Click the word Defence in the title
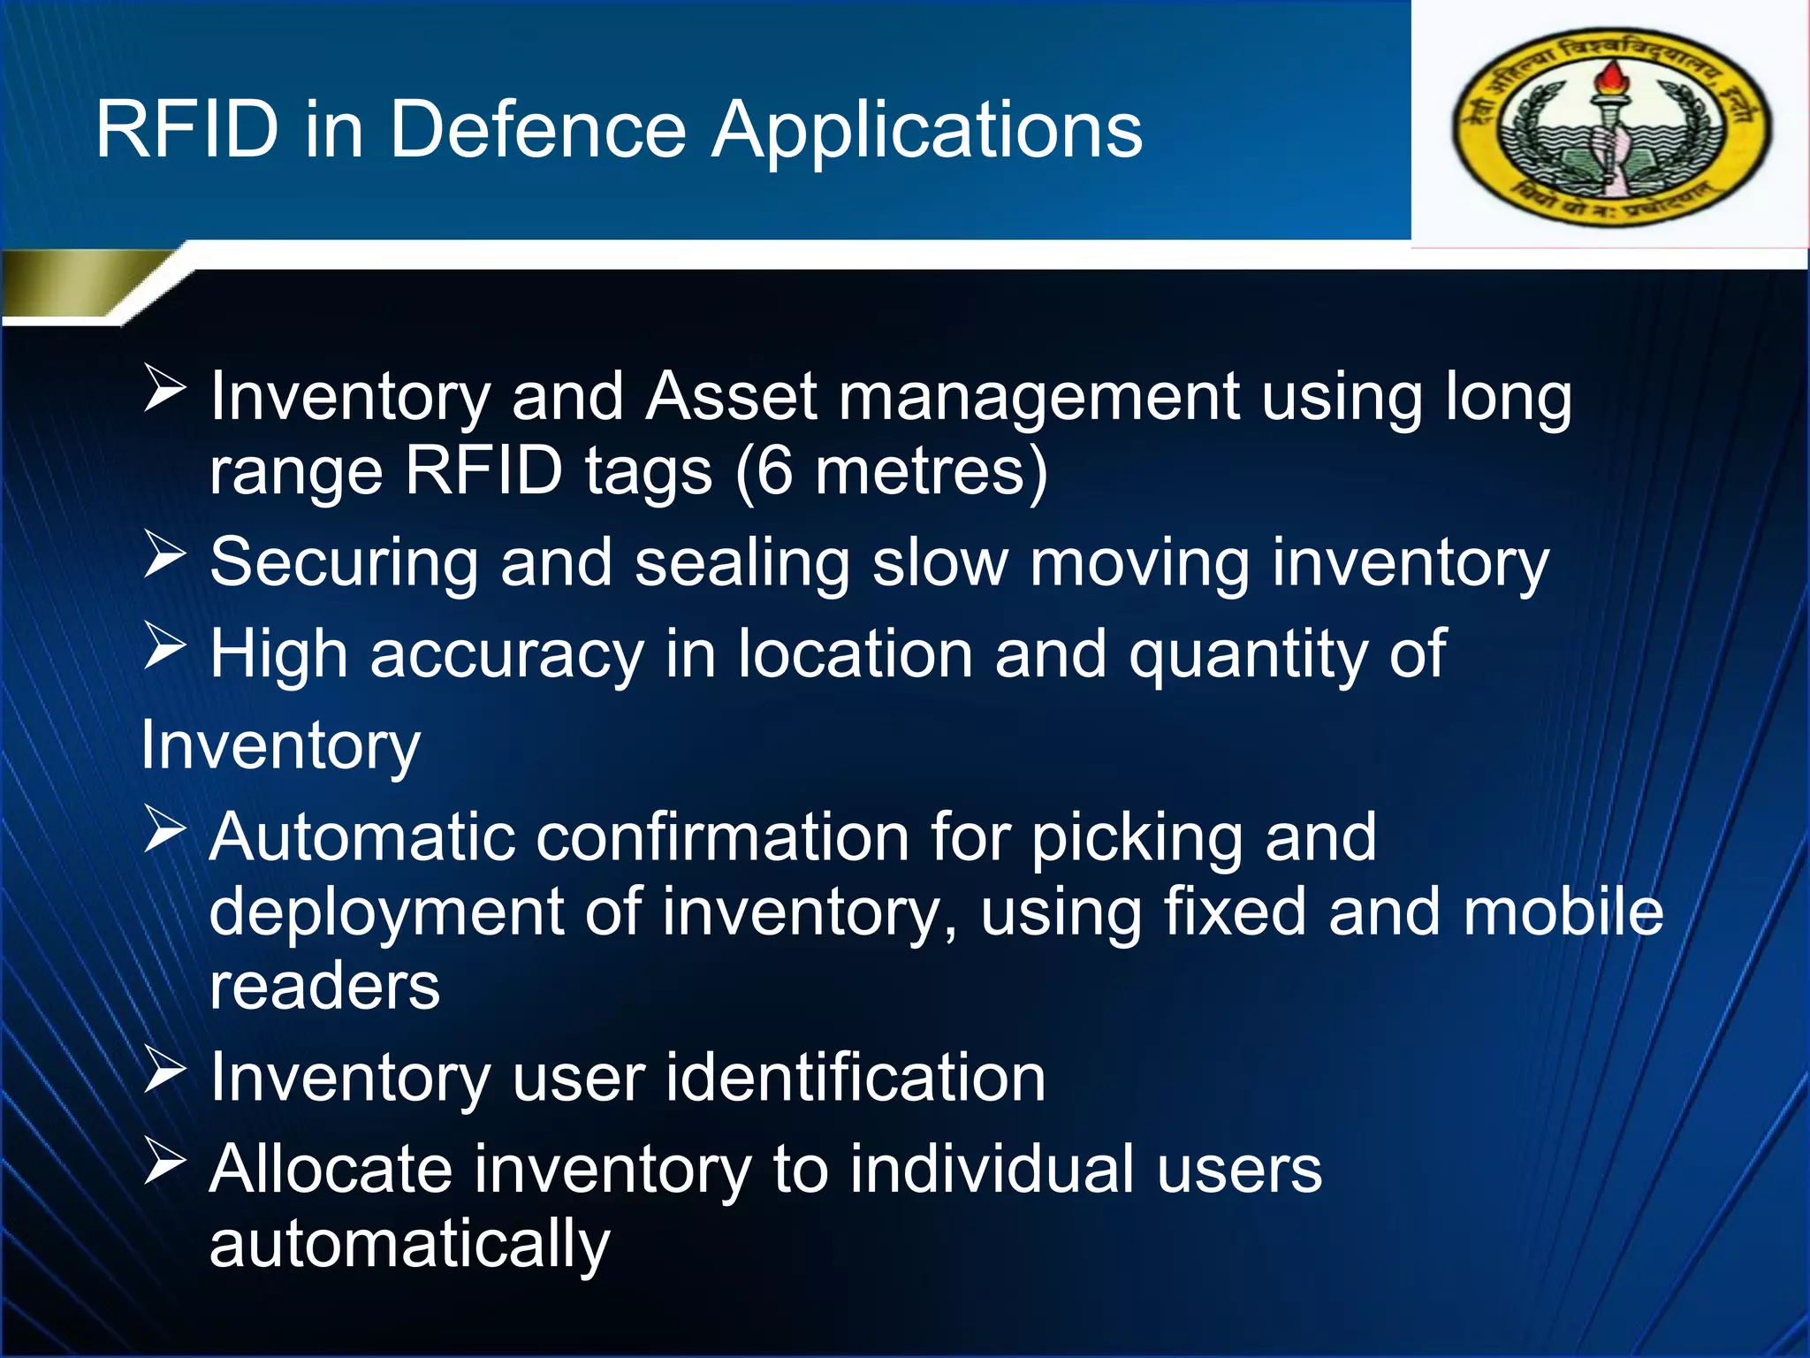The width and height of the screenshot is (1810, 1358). point(537,130)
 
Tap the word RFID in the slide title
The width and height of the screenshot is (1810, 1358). point(187,130)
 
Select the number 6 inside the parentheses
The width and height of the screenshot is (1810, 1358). point(774,470)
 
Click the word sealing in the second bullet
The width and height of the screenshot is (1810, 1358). point(741,564)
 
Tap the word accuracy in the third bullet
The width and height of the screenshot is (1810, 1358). point(506,656)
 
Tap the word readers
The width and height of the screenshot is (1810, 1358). point(324,987)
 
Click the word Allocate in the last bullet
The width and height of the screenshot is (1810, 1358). point(330,1170)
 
